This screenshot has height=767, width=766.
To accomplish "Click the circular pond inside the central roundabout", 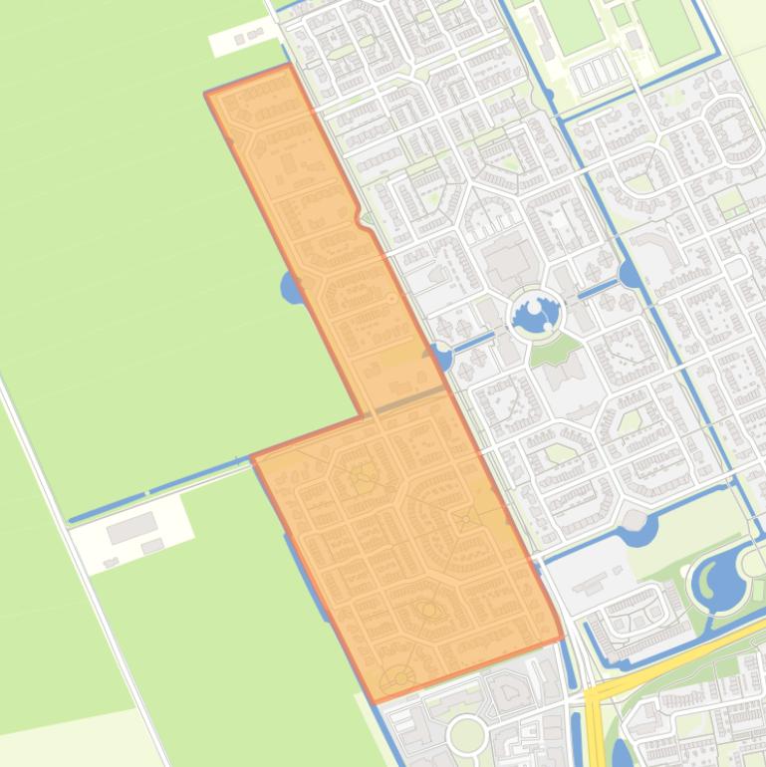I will click(x=535, y=317).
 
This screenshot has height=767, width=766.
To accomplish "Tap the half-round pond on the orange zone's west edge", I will click(x=293, y=289).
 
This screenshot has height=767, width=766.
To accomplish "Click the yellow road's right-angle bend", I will click(x=595, y=691).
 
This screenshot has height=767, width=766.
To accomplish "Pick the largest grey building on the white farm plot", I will click(x=131, y=529).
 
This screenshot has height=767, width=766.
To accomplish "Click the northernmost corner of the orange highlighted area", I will click(x=289, y=66).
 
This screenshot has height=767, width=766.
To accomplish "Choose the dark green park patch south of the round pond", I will click(x=555, y=350).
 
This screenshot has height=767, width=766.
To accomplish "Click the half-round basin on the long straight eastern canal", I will click(x=629, y=273).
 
